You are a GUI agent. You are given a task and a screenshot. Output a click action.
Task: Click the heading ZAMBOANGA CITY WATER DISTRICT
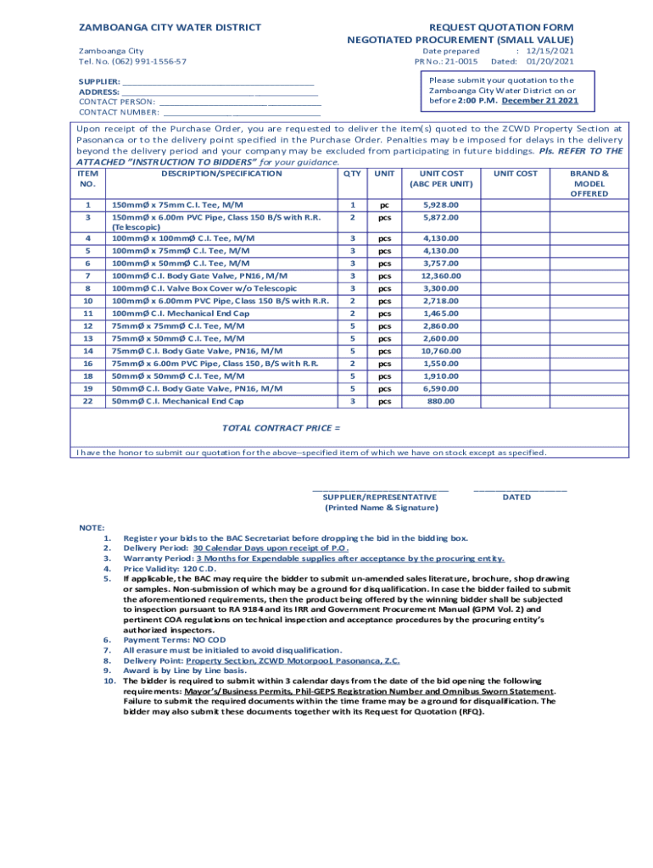point(170,27)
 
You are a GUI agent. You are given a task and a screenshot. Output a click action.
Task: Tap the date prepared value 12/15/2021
point(551,51)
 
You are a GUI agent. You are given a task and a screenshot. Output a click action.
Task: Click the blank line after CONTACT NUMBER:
point(242,112)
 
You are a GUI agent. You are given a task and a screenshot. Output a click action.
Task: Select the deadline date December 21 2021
point(540,101)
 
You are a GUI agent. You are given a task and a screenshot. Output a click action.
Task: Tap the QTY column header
point(352,174)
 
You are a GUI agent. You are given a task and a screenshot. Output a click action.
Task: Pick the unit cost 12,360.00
point(440,275)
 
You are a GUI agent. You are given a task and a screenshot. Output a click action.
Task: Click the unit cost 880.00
point(440,401)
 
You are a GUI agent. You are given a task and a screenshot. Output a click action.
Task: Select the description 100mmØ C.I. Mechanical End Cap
point(180,314)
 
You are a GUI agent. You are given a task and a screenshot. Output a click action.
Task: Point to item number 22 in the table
point(87,401)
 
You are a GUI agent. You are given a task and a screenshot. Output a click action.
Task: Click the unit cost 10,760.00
point(440,351)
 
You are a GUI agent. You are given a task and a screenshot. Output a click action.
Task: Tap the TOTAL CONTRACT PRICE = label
point(282,428)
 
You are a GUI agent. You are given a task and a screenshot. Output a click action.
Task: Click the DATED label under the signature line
point(516,498)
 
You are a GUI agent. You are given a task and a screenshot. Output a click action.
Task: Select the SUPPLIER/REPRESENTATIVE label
point(380,498)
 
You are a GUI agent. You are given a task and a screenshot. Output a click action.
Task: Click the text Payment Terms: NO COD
point(169,640)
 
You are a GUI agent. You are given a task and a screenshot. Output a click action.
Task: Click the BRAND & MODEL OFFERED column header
point(589,183)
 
